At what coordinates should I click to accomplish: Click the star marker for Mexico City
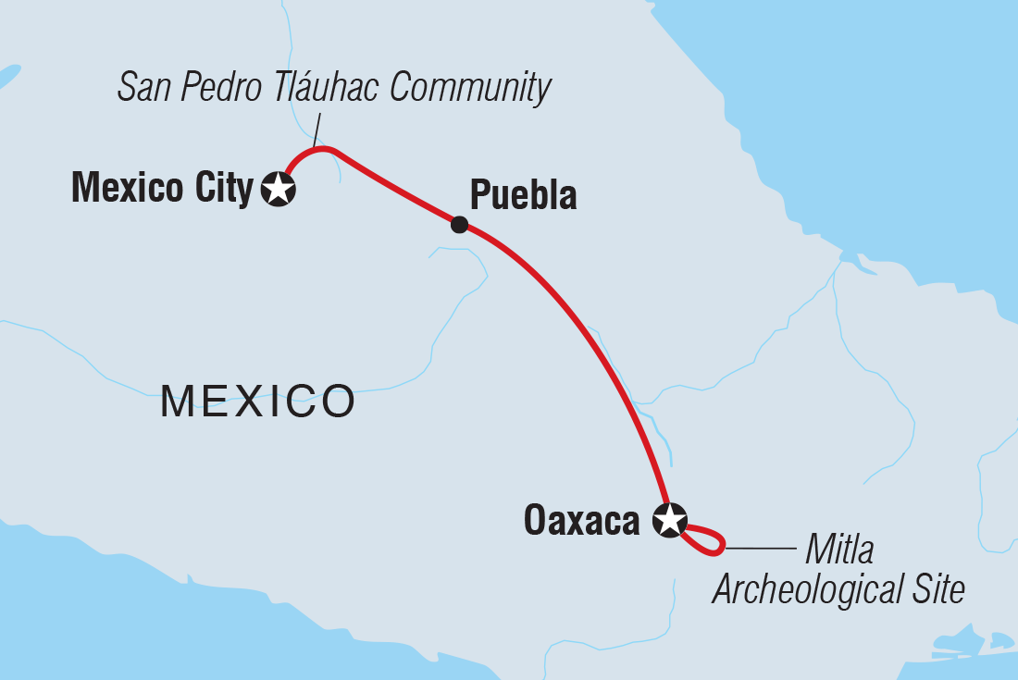tap(279, 189)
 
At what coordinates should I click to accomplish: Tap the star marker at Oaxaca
tap(670, 520)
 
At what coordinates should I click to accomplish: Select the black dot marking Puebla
tap(459, 224)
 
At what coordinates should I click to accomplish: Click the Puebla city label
tap(523, 195)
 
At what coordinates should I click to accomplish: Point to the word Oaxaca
tap(581, 521)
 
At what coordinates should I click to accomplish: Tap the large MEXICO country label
tap(258, 402)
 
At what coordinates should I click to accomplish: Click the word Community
tap(471, 88)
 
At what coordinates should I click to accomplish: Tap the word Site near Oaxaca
tap(941, 589)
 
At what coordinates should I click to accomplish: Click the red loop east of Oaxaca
tap(707, 541)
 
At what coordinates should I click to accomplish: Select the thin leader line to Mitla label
tap(759, 549)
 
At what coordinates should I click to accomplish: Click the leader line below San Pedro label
tap(317, 128)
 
